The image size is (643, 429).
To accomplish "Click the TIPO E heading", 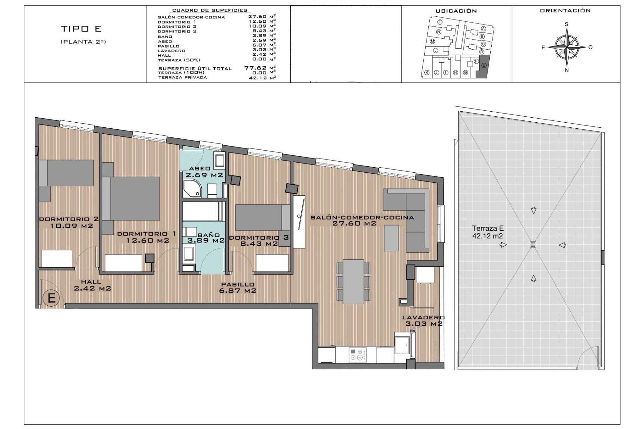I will (81, 29).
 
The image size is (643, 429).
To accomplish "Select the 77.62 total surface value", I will (255, 68).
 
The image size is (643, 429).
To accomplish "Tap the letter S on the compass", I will (567, 24).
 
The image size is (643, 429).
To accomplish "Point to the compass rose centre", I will (567, 47).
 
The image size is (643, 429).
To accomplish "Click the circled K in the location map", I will (427, 72).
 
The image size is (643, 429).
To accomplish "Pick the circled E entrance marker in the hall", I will (52, 298).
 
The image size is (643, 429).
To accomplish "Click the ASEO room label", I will (200, 169).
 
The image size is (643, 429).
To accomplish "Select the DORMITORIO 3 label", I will (259, 238).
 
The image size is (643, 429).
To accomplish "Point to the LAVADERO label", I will (423, 317).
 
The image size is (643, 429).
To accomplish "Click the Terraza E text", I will (488, 228).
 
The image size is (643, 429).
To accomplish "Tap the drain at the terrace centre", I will (533, 245).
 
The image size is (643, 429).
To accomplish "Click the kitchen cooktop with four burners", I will (358, 355).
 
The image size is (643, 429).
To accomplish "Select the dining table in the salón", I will (353, 282).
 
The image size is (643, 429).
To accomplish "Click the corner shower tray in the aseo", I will (192, 189).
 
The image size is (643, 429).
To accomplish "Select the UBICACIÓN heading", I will (456, 11).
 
